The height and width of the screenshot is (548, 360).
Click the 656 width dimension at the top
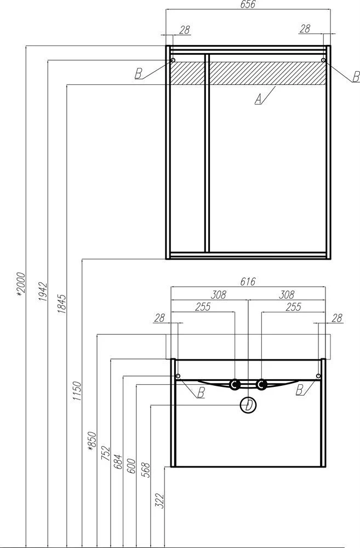(x=248, y=4)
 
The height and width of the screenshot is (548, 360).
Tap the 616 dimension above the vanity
(x=248, y=281)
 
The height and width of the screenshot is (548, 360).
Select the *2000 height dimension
(x=21, y=284)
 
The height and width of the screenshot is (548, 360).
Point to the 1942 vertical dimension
(x=42, y=292)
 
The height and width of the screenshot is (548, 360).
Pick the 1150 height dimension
(x=77, y=391)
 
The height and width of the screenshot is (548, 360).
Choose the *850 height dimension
(x=92, y=441)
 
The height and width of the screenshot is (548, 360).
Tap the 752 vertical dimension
(x=106, y=454)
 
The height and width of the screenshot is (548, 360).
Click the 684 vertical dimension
(x=118, y=461)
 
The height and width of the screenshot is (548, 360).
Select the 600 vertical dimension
(x=131, y=466)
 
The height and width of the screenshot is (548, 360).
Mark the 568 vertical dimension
(x=145, y=470)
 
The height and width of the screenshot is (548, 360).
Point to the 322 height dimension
(x=159, y=500)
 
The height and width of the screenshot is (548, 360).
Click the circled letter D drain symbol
(x=248, y=406)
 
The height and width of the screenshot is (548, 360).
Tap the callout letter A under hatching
(x=258, y=100)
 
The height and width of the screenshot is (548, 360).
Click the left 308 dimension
(x=219, y=295)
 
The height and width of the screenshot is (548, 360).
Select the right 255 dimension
(x=293, y=306)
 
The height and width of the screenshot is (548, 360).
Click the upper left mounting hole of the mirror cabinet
(x=172, y=60)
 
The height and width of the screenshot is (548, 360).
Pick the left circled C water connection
(x=235, y=385)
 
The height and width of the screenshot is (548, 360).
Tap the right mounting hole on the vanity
(x=318, y=376)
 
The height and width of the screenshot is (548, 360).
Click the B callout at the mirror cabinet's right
(x=356, y=77)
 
